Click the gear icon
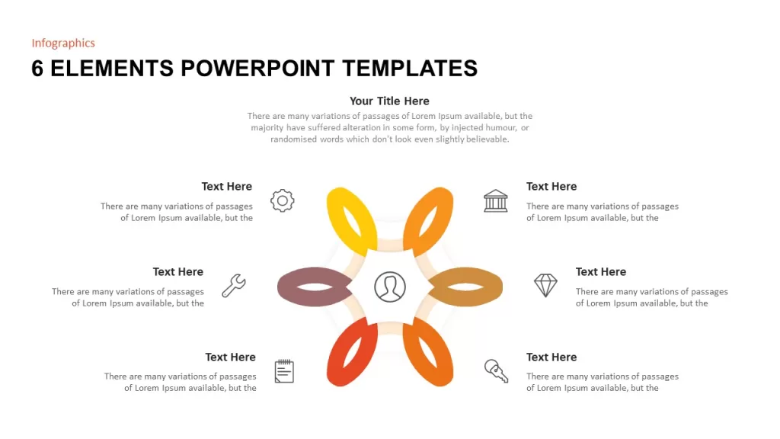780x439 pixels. (282, 200)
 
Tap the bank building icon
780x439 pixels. (495, 200)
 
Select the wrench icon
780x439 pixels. (234, 286)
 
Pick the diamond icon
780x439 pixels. (545, 285)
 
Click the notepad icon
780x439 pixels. (284, 371)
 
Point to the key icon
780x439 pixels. (496, 371)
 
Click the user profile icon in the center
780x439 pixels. (389, 287)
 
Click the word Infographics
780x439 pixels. (63, 43)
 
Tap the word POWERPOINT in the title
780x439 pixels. (257, 68)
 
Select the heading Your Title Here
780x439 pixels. (389, 101)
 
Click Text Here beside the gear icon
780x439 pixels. (227, 186)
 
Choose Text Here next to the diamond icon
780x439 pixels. (601, 272)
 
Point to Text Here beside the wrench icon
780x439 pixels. (178, 272)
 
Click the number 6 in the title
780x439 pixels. (37, 68)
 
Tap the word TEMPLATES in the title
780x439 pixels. (410, 68)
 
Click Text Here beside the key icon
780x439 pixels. (551, 357)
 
